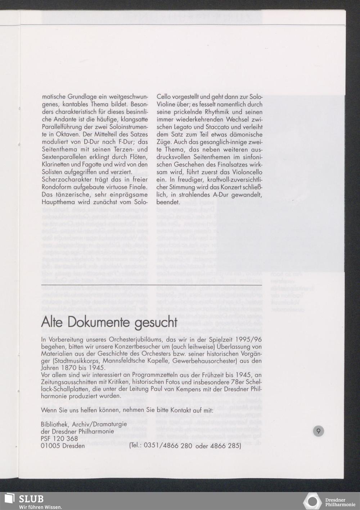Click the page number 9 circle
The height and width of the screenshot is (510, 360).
318,431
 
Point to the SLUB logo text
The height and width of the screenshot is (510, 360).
31,499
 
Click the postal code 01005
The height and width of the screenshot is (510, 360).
51,446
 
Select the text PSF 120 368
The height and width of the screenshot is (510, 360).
59,439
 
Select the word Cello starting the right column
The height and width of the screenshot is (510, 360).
164,97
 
